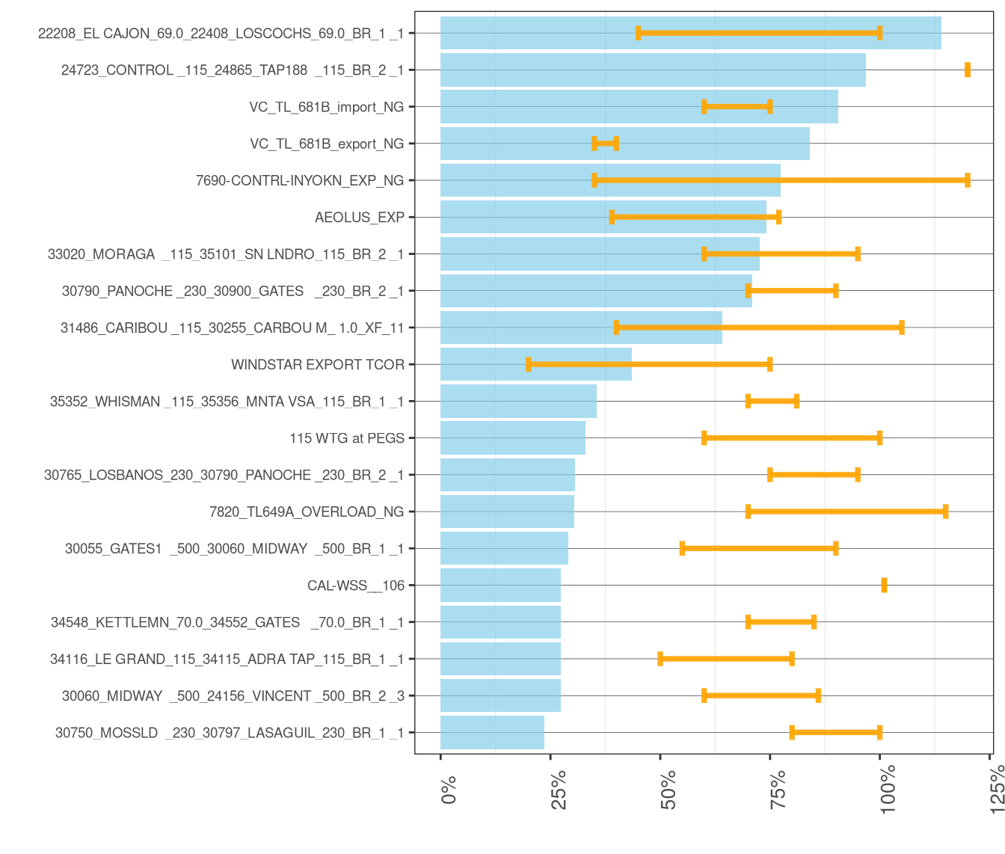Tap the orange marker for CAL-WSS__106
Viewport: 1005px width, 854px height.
(884, 585)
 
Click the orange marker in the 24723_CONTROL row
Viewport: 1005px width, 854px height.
(967, 70)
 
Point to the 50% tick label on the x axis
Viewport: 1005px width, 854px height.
(669, 789)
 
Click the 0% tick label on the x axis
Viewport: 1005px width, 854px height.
(449, 790)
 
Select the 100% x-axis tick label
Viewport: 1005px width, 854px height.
(888, 793)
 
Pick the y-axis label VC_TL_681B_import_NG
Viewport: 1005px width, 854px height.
(326, 107)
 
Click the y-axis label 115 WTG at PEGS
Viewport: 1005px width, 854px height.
(346, 438)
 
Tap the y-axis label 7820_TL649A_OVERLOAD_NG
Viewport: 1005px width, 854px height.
(307, 512)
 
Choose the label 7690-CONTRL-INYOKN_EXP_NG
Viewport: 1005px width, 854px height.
(299, 180)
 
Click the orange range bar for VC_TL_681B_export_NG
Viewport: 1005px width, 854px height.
(605, 143)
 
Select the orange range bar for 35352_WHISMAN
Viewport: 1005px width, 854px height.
(772, 401)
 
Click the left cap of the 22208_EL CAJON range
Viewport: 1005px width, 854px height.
(638, 33)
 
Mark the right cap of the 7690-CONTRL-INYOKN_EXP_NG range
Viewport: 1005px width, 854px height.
(967, 180)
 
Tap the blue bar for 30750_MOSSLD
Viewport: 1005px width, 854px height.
(492, 732)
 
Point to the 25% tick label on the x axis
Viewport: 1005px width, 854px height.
(559, 789)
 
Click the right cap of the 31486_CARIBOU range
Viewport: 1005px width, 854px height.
(901, 328)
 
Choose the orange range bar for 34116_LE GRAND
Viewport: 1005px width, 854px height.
(725, 659)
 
